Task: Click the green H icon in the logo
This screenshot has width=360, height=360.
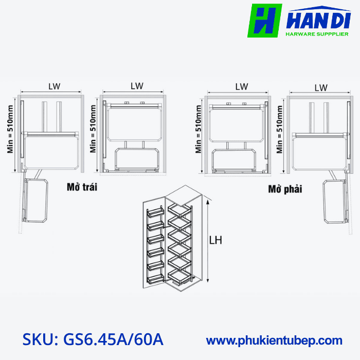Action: [x=265, y=21]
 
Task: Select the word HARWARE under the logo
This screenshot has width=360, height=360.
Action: [x=300, y=34]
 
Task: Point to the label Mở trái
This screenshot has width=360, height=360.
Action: [x=82, y=187]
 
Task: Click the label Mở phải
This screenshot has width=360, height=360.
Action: [x=285, y=189]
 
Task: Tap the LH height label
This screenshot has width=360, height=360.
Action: [x=216, y=240]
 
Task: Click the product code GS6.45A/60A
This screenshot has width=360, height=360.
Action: [x=113, y=339]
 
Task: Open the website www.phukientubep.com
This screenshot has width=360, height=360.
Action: [x=274, y=340]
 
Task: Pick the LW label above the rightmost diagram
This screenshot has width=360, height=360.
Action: [x=321, y=87]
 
